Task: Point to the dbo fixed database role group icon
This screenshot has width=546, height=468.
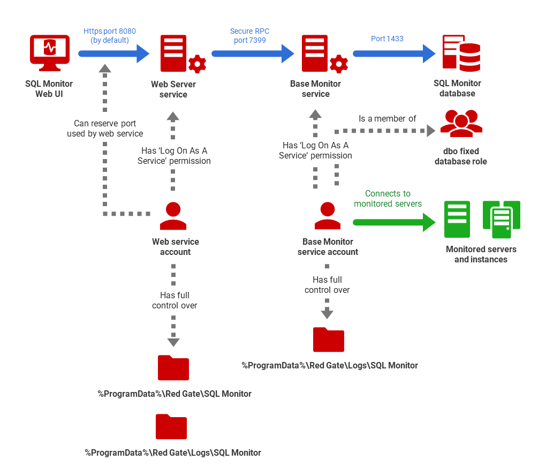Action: [461, 124]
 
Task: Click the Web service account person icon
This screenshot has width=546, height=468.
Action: [173, 217]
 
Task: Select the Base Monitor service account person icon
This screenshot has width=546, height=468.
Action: [328, 217]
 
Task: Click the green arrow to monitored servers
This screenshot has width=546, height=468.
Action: [394, 222]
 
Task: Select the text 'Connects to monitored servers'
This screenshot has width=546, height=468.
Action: [388, 199]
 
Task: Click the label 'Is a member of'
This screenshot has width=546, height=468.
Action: [387, 119]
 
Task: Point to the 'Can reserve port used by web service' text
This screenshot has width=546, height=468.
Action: [105, 129]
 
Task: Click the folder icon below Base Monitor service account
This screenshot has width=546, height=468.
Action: [328, 340]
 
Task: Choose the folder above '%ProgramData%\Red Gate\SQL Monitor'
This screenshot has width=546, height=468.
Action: [173, 368]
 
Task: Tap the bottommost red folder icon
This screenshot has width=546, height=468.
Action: [171, 427]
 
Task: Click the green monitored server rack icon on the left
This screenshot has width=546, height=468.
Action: [457, 220]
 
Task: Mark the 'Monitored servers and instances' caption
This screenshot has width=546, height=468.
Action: [481, 254]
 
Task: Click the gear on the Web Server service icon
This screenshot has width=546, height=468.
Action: [197, 64]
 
